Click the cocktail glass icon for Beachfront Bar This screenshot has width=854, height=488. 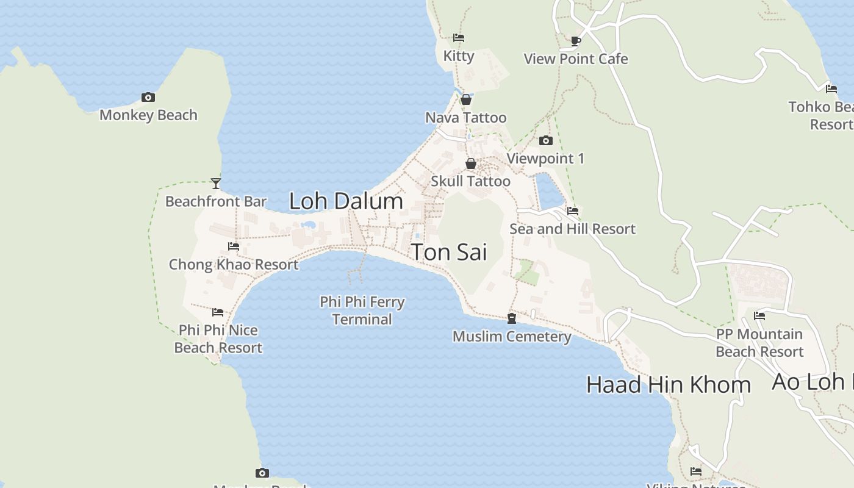click(216, 183)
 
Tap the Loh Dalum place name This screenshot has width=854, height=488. click(346, 201)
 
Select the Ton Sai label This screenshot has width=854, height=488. click(449, 252)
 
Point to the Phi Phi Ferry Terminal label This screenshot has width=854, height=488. click(362, 310)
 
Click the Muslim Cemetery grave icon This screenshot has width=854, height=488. click(512, 318)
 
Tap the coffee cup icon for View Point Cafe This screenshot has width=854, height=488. click(575, 41)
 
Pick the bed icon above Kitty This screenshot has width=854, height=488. click(459, 38)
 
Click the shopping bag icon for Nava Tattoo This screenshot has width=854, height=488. click(466, 99)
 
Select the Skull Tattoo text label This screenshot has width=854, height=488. click(470, 181)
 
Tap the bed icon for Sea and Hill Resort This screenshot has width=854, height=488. click(573, 211)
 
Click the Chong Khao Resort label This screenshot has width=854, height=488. click(234, 264)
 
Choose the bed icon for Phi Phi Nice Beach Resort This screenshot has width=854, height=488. click(218, 312)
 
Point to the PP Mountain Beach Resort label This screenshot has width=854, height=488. click(759, 343)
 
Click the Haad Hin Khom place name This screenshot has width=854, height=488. click(669, 384)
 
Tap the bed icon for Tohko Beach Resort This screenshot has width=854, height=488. click(831, 89)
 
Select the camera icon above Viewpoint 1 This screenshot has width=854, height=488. click(546, 141)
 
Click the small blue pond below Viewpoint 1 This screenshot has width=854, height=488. click(549, 193)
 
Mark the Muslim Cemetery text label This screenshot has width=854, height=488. click(512, 336)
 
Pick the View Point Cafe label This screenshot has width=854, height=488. click(576, 59)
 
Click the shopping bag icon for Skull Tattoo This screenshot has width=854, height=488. click(471, 163)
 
